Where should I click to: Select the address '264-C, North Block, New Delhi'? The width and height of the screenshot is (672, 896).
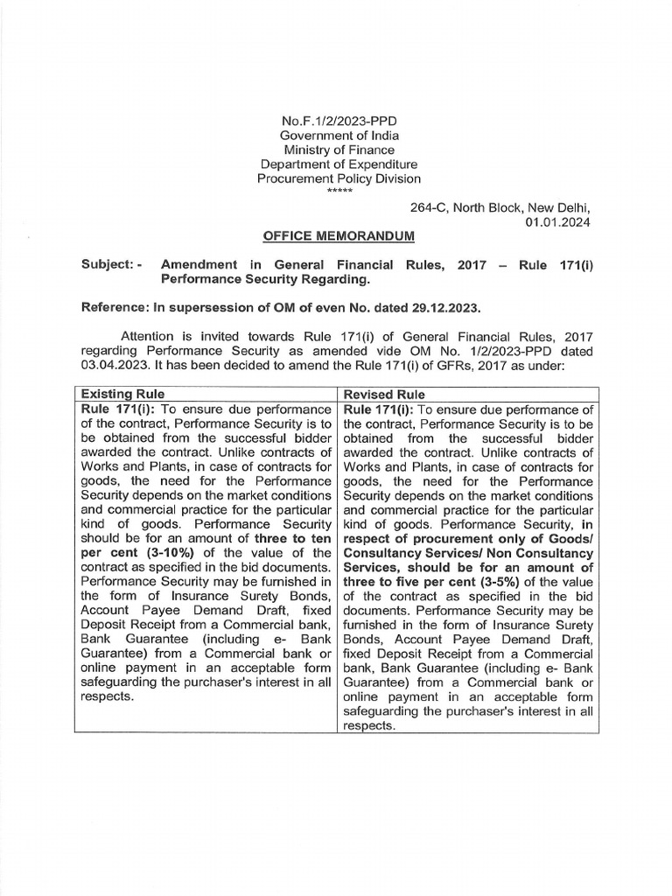pyautogui.click(x=500, y=207)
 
